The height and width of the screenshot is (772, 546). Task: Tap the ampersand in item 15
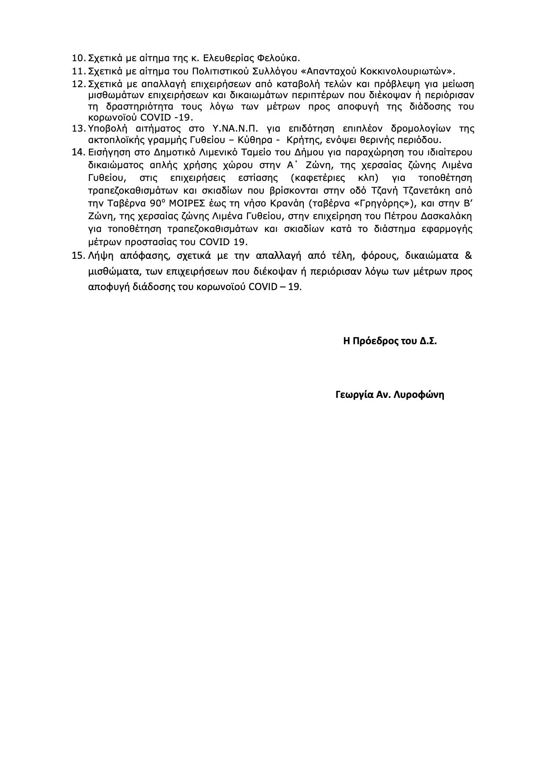point(469,256)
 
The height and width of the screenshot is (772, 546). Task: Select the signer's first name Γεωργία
point(352,394)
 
